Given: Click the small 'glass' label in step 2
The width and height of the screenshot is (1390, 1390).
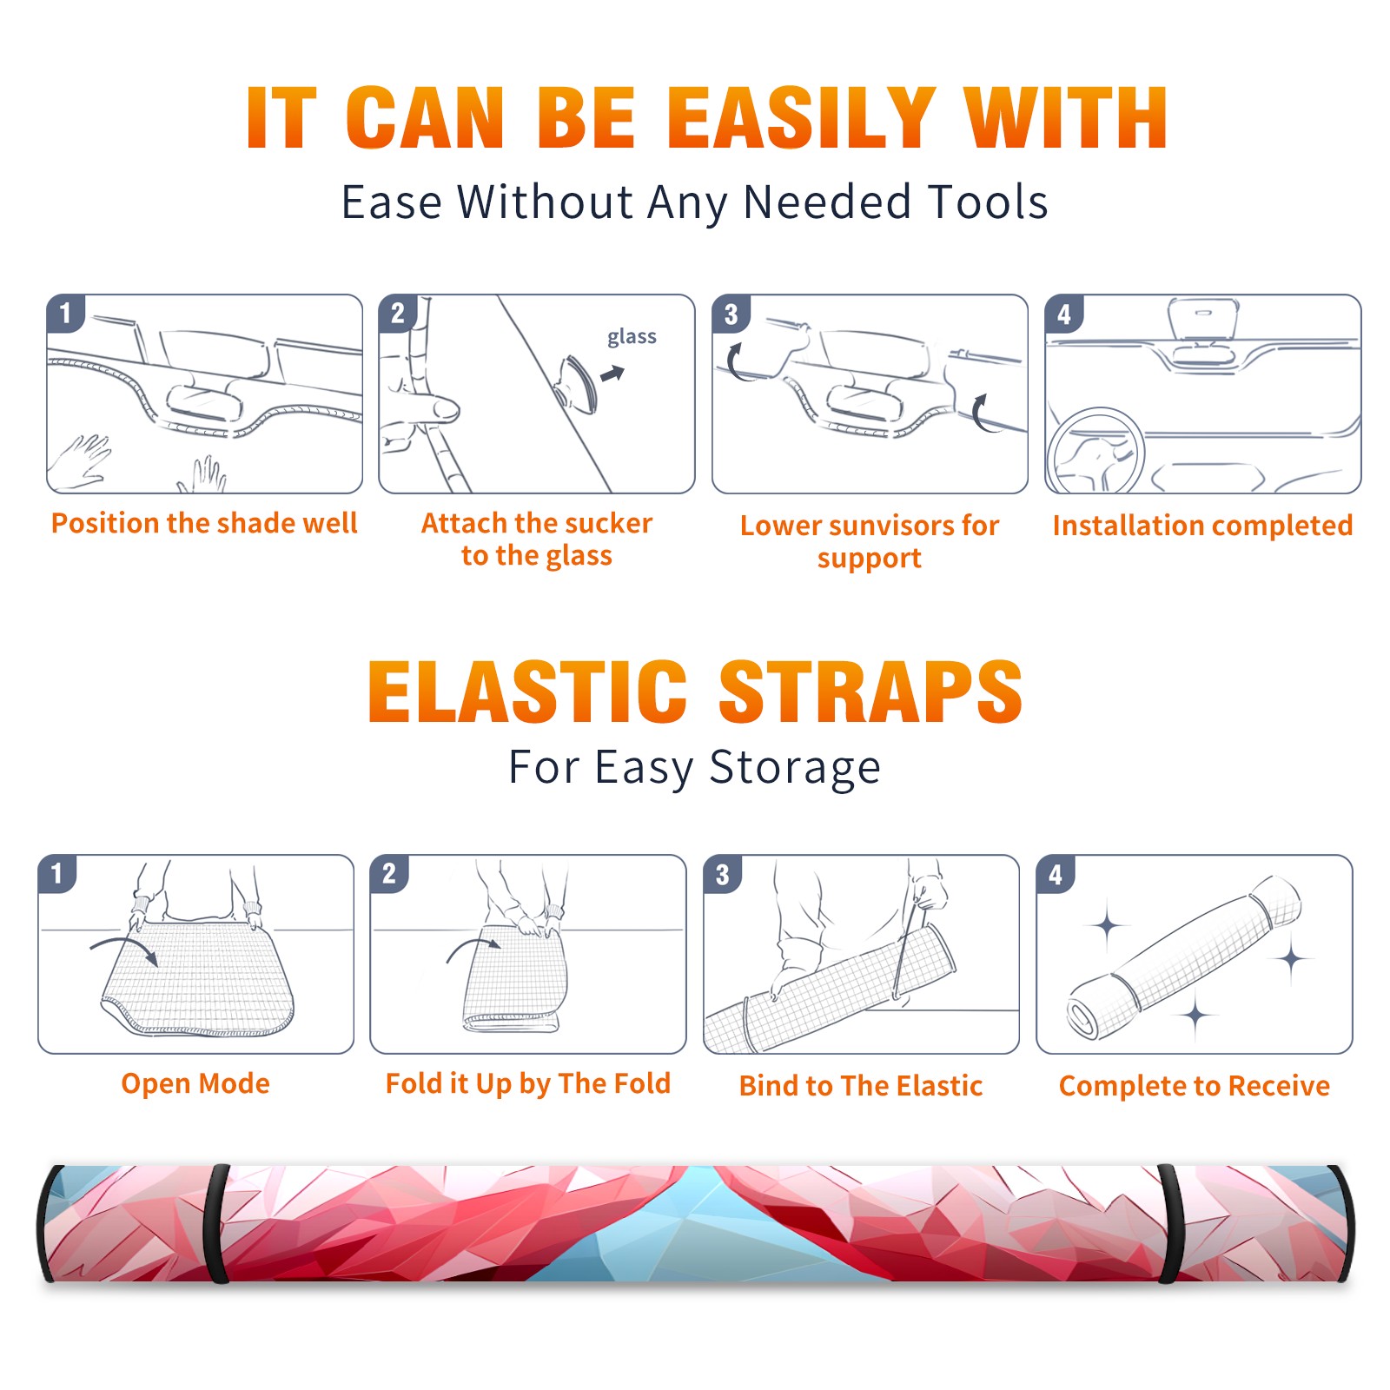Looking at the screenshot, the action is tap(632, 337).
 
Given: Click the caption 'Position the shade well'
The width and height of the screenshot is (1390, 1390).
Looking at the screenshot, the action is tap(204, 523).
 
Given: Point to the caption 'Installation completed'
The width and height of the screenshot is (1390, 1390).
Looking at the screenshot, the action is tap(1202, 526).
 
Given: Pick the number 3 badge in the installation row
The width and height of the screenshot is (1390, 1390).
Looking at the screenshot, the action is tap(731, 314).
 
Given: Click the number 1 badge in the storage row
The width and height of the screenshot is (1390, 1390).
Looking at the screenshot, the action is tap(57, 873).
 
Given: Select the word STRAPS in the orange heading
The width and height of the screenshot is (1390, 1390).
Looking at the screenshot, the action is tap(870, 692).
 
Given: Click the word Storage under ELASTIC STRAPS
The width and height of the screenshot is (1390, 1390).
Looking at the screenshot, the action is tap(795, 768).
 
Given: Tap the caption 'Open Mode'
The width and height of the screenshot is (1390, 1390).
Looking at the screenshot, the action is tap(195, 1083).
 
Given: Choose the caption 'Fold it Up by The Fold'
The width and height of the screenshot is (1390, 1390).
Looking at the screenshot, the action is tap(528, 1084).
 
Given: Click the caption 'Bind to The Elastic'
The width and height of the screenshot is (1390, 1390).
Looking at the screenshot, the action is tap(861, 1086).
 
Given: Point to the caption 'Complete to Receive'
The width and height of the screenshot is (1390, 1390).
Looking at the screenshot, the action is tap(1195, 1086).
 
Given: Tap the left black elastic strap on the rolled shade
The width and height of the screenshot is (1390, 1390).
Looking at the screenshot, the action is tap(217, 1224).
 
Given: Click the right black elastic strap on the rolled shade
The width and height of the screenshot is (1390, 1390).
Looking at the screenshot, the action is tap(1170, 1224).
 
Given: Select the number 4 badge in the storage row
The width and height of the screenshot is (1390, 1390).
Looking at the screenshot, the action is tap(1056, 874).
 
